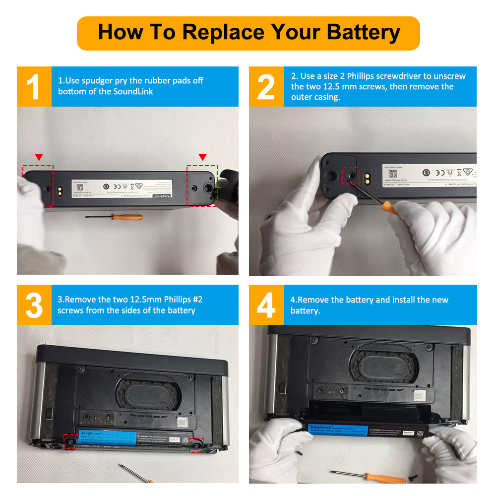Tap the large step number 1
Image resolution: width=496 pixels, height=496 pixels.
[33, 87]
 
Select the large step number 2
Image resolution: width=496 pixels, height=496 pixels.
[266, 87]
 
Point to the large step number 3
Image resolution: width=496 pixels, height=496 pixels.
[34, 305]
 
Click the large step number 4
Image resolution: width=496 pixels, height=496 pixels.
[266, 305]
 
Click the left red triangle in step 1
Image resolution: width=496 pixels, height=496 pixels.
[39, 157]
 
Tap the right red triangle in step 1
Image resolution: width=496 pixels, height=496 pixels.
[202, 157]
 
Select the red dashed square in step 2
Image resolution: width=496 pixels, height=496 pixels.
[351, 176]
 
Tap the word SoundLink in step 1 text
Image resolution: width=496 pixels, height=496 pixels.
[133, 92]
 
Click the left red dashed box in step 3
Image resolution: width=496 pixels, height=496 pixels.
[70, 440]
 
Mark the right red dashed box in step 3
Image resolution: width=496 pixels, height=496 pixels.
[196, 445]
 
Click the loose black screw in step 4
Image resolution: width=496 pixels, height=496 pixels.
[414, 478]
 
